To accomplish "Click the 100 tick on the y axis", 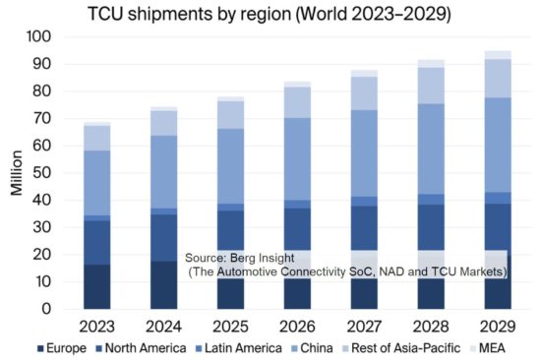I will (x=40, y=36).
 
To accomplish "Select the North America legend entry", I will (x=128, y=347).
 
